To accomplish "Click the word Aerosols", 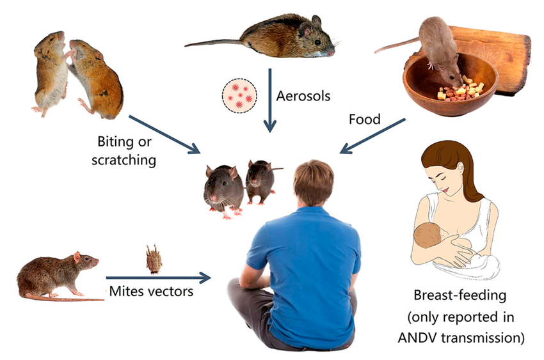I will [303, 96].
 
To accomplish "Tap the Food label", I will [364, 119].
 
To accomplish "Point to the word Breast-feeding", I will [460, 296].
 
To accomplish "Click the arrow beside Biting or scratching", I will [164, 134].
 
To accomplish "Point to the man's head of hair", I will [314, 182].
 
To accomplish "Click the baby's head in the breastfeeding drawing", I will [426, 237].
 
